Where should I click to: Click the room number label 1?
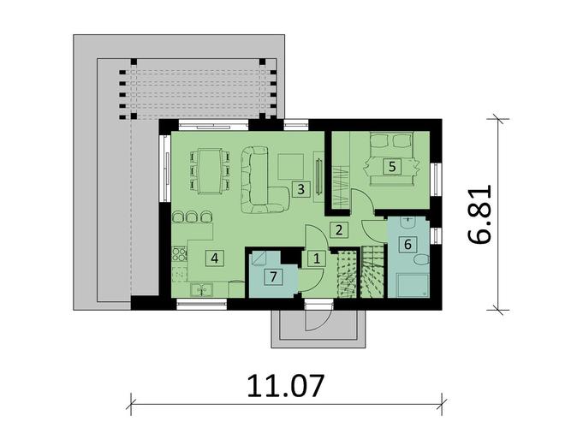click(315, 257)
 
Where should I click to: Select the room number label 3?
click(300, 188)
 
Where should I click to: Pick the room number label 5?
click(391, 167)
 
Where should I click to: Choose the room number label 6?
click(408, 243)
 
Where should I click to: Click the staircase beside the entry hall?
click(360, 274)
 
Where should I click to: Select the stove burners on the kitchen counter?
click(180, 253)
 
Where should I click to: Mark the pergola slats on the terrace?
click(197, 86)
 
